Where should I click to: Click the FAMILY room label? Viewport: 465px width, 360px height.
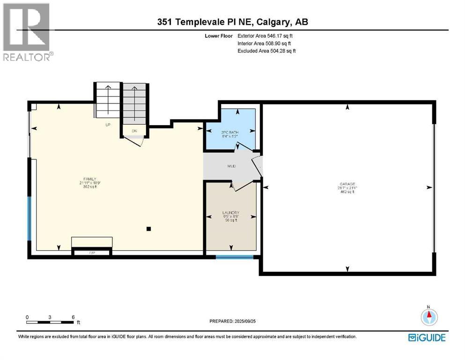point(89,179)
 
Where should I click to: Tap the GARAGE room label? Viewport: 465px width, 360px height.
point(347,184)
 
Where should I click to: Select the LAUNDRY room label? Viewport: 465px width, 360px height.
point(230,213)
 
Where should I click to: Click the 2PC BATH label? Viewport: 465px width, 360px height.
point(230,133)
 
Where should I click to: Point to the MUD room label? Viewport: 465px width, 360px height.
point(231,166)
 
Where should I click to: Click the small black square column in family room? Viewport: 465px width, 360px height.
point(148,229)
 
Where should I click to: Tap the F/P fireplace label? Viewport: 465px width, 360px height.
point(92,253)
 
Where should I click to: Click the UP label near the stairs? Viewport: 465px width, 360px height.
point(107,126)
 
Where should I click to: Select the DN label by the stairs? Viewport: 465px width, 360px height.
point(134,131)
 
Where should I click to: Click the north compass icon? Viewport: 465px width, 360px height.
point(428,317)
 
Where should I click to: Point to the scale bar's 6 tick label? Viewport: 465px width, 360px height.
point(73,317)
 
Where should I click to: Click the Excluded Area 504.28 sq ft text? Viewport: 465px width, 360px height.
point(266,51)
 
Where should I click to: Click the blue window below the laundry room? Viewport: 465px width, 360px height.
point(234,257)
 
